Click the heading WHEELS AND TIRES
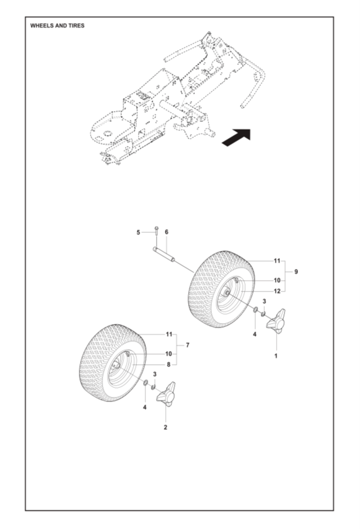57,26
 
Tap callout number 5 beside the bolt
138,232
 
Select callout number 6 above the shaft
167,232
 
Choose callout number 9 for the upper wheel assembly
296,271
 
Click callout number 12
277,291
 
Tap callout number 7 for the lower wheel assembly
188,345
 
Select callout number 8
168,365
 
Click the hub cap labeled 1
276,321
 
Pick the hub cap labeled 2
166,394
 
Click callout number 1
275,356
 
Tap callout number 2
166,427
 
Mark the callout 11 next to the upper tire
277,261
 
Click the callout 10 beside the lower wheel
168,354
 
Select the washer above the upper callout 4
256,310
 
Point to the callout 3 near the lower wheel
155,374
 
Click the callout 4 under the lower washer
145,407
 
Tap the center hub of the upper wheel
226,293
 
